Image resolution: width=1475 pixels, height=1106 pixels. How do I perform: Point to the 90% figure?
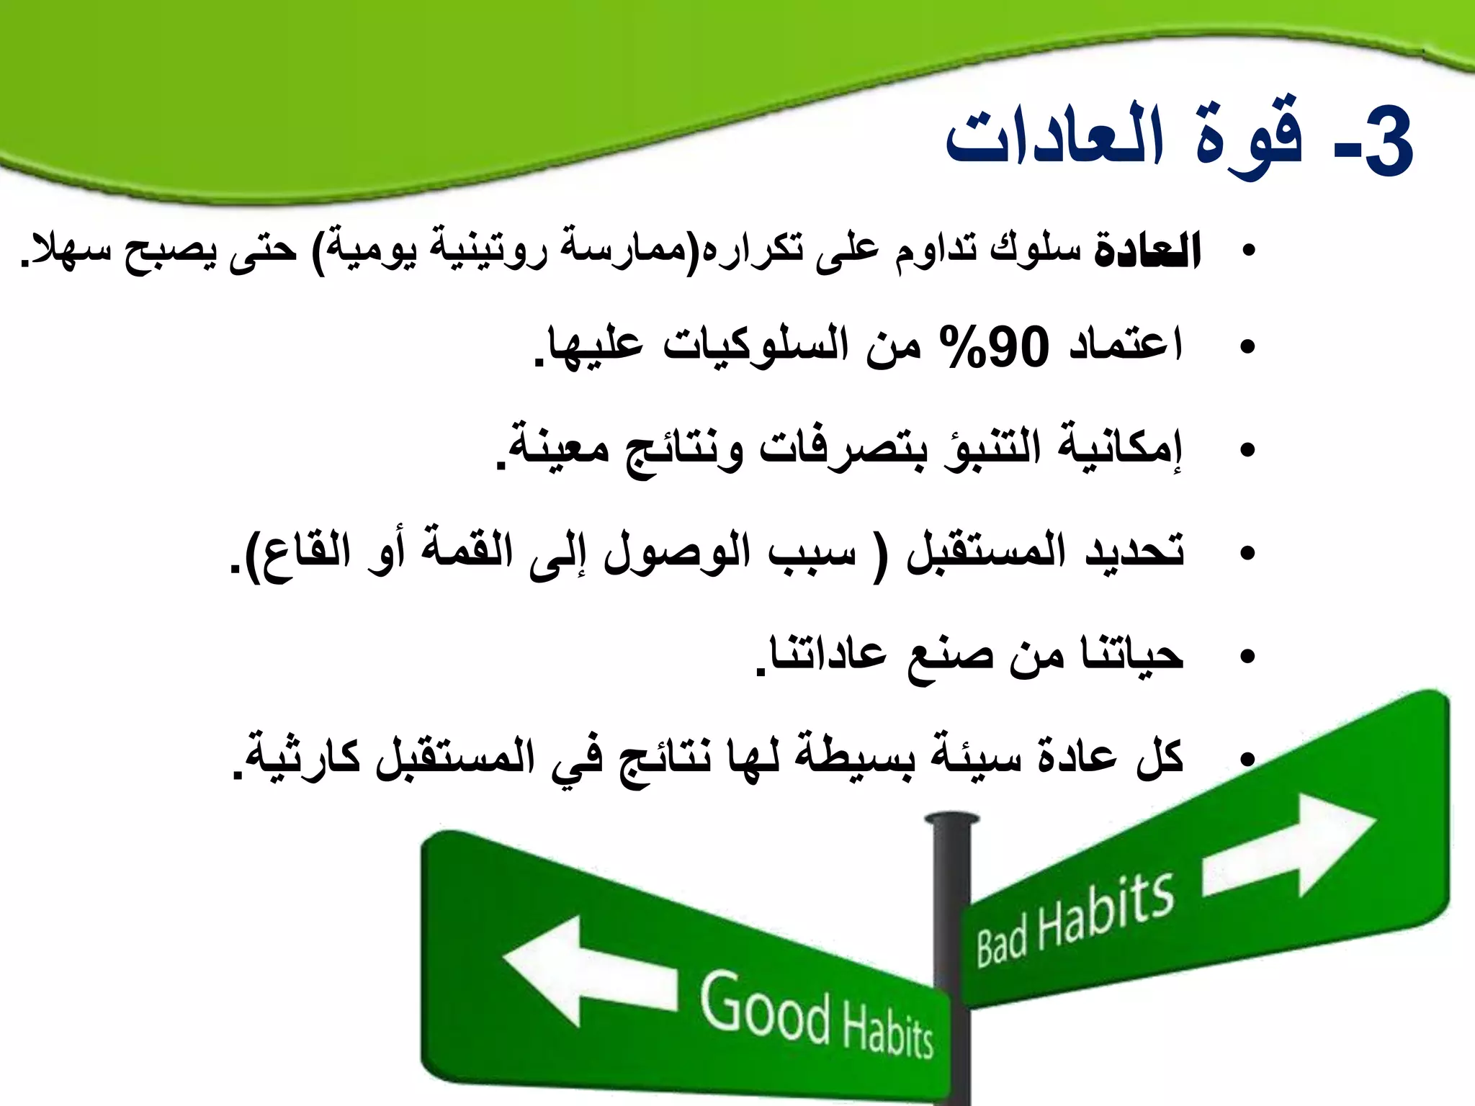pos(994,346)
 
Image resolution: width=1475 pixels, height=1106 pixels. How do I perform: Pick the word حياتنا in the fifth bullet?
pos(1131,655)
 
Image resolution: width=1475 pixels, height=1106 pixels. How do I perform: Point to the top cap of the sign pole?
pos(951,819)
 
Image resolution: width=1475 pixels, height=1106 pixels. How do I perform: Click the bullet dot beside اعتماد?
pos(1247,347)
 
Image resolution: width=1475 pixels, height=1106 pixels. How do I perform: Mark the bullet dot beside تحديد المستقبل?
pos(1247,554)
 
